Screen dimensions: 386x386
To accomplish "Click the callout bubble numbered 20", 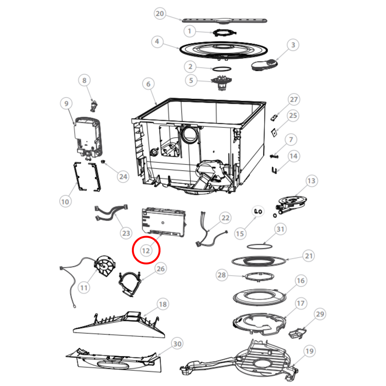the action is click(160, 14).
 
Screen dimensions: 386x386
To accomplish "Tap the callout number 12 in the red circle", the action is click(146, 251).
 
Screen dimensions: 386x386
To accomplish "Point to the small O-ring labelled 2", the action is click(221, 69).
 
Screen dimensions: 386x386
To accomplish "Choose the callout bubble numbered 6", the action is click(148, 84).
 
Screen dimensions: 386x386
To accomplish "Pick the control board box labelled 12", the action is click(163, 222).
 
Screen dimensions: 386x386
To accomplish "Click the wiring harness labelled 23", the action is click(111, 212).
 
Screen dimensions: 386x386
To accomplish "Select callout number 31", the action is click(280, 229).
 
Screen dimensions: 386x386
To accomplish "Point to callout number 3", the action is click(293, 45).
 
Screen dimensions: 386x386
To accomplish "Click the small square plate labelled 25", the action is click(274, 133).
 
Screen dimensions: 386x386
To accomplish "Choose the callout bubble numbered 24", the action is click(123, 177).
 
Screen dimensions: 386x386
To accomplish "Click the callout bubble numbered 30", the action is click(177, 344).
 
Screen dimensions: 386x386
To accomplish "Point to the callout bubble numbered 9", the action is click(66, 103).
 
